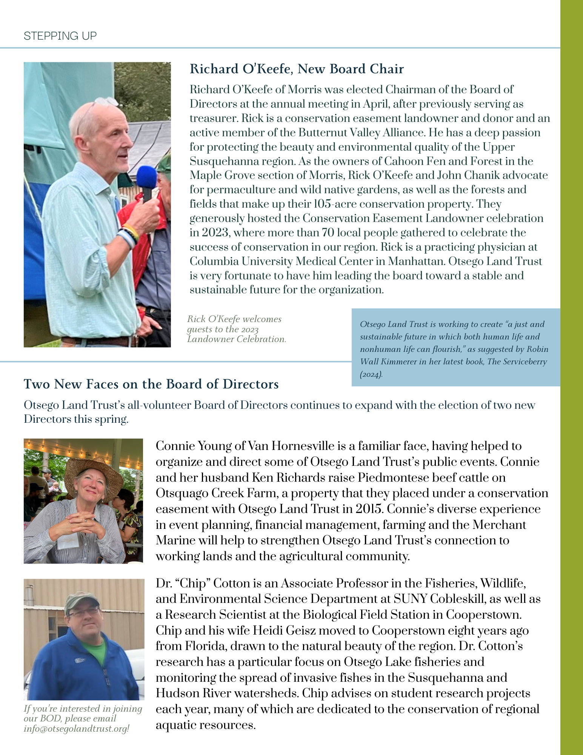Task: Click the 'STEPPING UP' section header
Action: coord(60,35)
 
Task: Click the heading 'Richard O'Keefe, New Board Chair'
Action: coord(297,69)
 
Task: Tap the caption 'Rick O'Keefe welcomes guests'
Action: coord(234,319)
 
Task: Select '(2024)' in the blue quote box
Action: coord(371,374)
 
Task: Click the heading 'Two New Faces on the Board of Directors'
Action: coord(151,384)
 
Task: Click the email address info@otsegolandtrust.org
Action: coord(77,729)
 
